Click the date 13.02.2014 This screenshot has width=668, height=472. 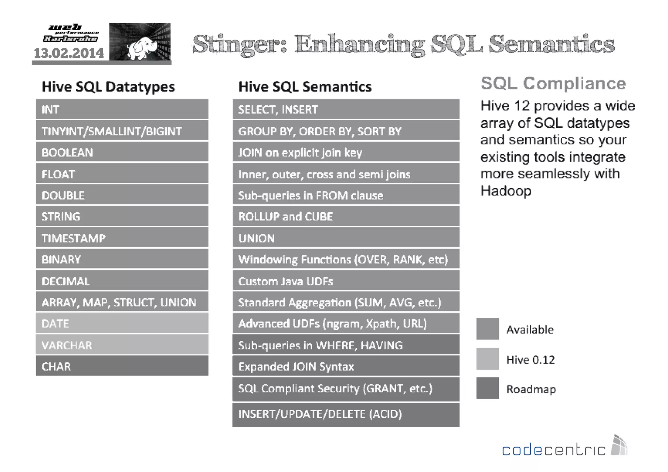pyautogui.click(x=69, y=53)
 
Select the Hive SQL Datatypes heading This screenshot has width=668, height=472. pyautogui.click(x=108, y=87)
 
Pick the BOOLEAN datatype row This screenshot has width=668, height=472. pyautogui.click(x=122, y=152)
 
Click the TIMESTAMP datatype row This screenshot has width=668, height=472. pyautogui.click(x=122, y=238)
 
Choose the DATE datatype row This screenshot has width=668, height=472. pyautogui.click(x=122, y=323)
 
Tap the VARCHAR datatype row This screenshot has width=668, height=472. pyautogui.click(x=122, y=345)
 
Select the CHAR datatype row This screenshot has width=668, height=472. pyautogui.click(x=122, y=366)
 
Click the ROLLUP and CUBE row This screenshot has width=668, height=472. pyautogui.click(x=346, y=216)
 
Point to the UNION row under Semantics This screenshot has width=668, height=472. pyautogui.click(x=346, y=238)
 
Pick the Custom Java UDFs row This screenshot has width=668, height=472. pyautogui.click(x=346, y=281)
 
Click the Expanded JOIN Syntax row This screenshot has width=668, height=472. pyautogui.click(x=346, y=366)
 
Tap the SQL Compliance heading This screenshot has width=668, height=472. pyautogui.click(x=553, y=84)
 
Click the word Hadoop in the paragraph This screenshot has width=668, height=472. pyautogui.click(x=506, y=191)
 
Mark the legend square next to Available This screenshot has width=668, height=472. pyautogui.click(x=487, y=329)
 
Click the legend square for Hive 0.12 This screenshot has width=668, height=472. pyautogui.click(x=487, y=359)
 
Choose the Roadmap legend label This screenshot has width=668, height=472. pyautogui.click(x=531, y=389)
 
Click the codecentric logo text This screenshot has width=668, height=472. pyautogui.click(x=553, y=450)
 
